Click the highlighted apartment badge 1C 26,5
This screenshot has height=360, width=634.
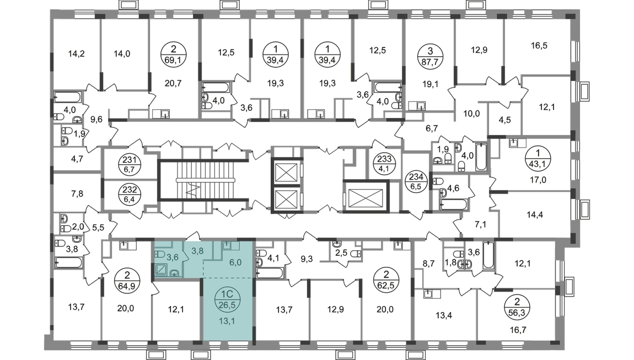227,298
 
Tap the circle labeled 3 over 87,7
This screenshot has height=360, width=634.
430,56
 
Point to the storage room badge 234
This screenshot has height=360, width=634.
416,181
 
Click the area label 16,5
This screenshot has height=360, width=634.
539,45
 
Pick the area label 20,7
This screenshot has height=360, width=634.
173,83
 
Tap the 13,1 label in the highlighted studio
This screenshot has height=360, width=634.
227,321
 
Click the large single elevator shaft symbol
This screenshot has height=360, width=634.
366,197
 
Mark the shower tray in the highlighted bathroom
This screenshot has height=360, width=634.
162,270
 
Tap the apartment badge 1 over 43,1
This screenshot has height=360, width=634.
538,159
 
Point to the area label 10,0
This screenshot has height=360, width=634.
471,114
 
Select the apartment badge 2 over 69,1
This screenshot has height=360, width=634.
174,56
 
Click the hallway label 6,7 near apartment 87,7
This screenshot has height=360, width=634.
432,128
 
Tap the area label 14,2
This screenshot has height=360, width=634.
77,53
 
